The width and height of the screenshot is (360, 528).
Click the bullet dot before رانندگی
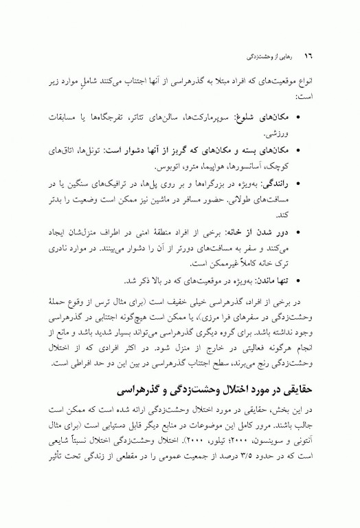[x=326, y=184]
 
